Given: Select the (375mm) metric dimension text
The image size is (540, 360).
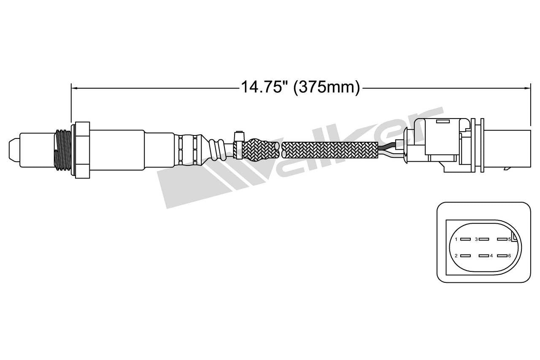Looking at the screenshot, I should [327, 87].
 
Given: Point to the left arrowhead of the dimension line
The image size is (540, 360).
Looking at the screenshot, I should [73, 88].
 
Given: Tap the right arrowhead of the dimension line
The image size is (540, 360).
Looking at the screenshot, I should [527, 88].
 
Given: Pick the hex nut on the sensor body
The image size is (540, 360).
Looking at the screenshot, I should [82, 149].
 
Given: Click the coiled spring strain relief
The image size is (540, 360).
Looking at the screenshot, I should [217, 149].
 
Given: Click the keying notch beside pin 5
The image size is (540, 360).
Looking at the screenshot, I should [513, 237].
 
